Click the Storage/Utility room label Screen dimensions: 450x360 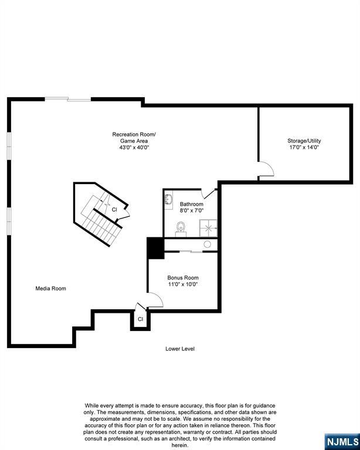pos(304,141)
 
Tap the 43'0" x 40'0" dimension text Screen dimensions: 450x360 pos(134,148)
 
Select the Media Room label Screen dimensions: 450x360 pos(50,288)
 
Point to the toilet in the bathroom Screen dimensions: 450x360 pos(181,228)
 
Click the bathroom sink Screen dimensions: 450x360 pos(168,200)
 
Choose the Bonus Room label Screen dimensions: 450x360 pos(183,278)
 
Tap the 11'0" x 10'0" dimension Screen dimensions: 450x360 pos(183,285)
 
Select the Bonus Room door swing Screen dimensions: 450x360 pos(155,299)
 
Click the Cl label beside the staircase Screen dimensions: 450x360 pos(114,209)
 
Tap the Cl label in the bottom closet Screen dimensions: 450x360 pos(140,319)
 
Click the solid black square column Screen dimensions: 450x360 pos(155,247)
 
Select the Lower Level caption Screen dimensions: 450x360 pos(179,349)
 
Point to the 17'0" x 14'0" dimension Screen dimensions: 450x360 pos(304,148)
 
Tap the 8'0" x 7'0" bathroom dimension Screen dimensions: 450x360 pos(191,211)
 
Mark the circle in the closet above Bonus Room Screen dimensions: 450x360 pos(207,244)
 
